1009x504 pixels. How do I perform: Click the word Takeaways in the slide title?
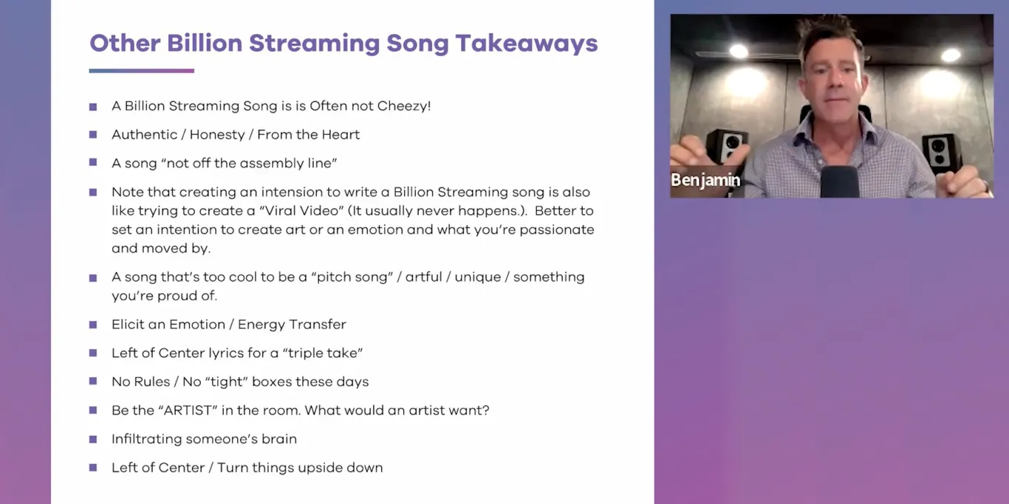[x=526, y=43]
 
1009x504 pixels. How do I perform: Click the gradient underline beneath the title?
[x=141, y=71]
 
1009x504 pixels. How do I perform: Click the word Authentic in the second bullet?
[x=145, y=134]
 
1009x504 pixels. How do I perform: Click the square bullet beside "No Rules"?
[x=93, y=382]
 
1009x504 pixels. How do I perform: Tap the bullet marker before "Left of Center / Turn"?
[x=93, y=467]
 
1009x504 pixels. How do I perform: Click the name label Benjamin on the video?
[x=705, y=180]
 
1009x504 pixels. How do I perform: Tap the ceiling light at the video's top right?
[x=951, y=55]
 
